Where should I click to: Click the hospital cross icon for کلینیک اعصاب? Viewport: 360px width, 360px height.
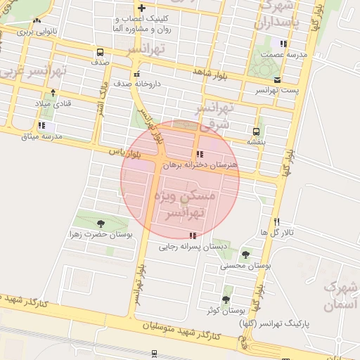(x=141, y=8)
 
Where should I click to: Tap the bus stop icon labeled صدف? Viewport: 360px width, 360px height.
(x=101, y=52)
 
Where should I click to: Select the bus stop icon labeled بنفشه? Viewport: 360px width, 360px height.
(x=256, y=131)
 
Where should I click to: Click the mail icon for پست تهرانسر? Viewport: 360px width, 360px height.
(x=277, y=80)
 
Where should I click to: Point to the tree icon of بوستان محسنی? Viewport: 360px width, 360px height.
(x=245, y=255)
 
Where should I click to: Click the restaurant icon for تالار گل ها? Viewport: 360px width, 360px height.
(x=278, y=221)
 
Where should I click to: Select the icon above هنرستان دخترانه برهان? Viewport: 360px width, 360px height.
(x=200, y=154)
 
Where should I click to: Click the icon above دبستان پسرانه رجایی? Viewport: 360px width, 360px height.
(x=193, y=235)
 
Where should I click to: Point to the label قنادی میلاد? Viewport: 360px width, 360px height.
(x=53, y=103)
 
